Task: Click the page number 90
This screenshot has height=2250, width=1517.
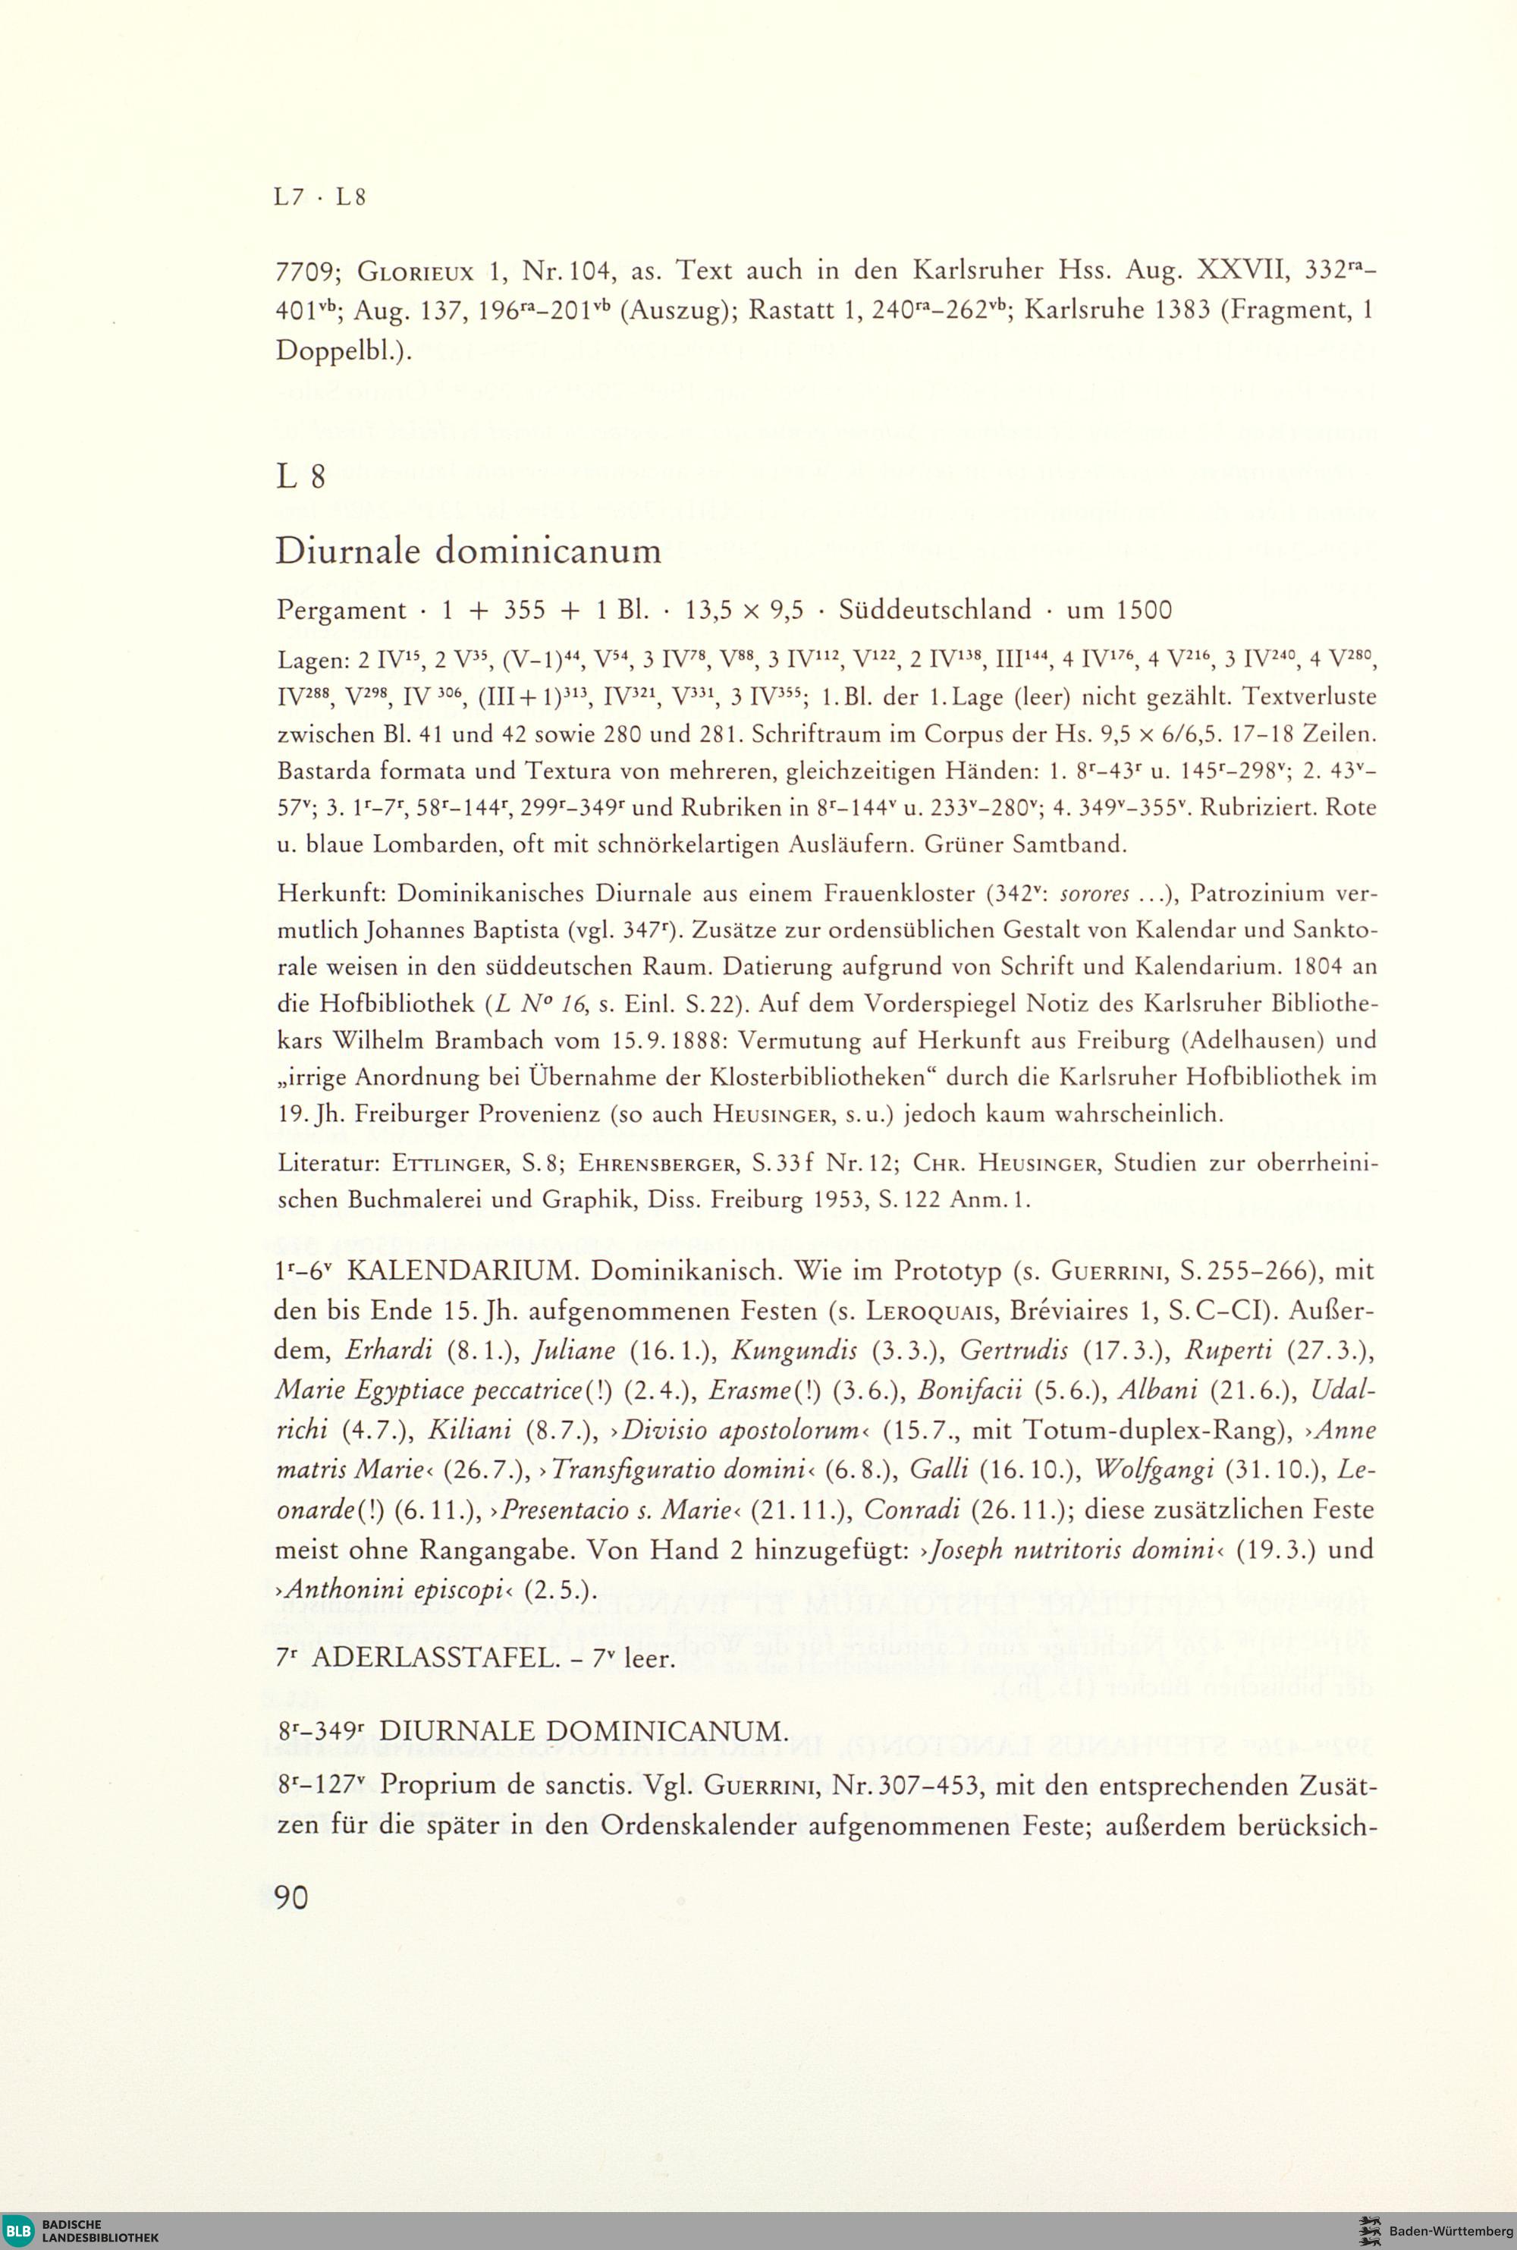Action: click(291, 1897)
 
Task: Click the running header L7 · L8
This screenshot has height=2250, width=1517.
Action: click(320, 197)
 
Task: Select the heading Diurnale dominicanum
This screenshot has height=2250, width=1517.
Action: click(468, 551)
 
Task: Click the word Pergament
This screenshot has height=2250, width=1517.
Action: click(341, 611)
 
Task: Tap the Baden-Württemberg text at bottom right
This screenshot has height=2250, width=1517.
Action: click(1450, 2230)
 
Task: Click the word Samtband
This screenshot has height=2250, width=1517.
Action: click(1074, 844)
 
